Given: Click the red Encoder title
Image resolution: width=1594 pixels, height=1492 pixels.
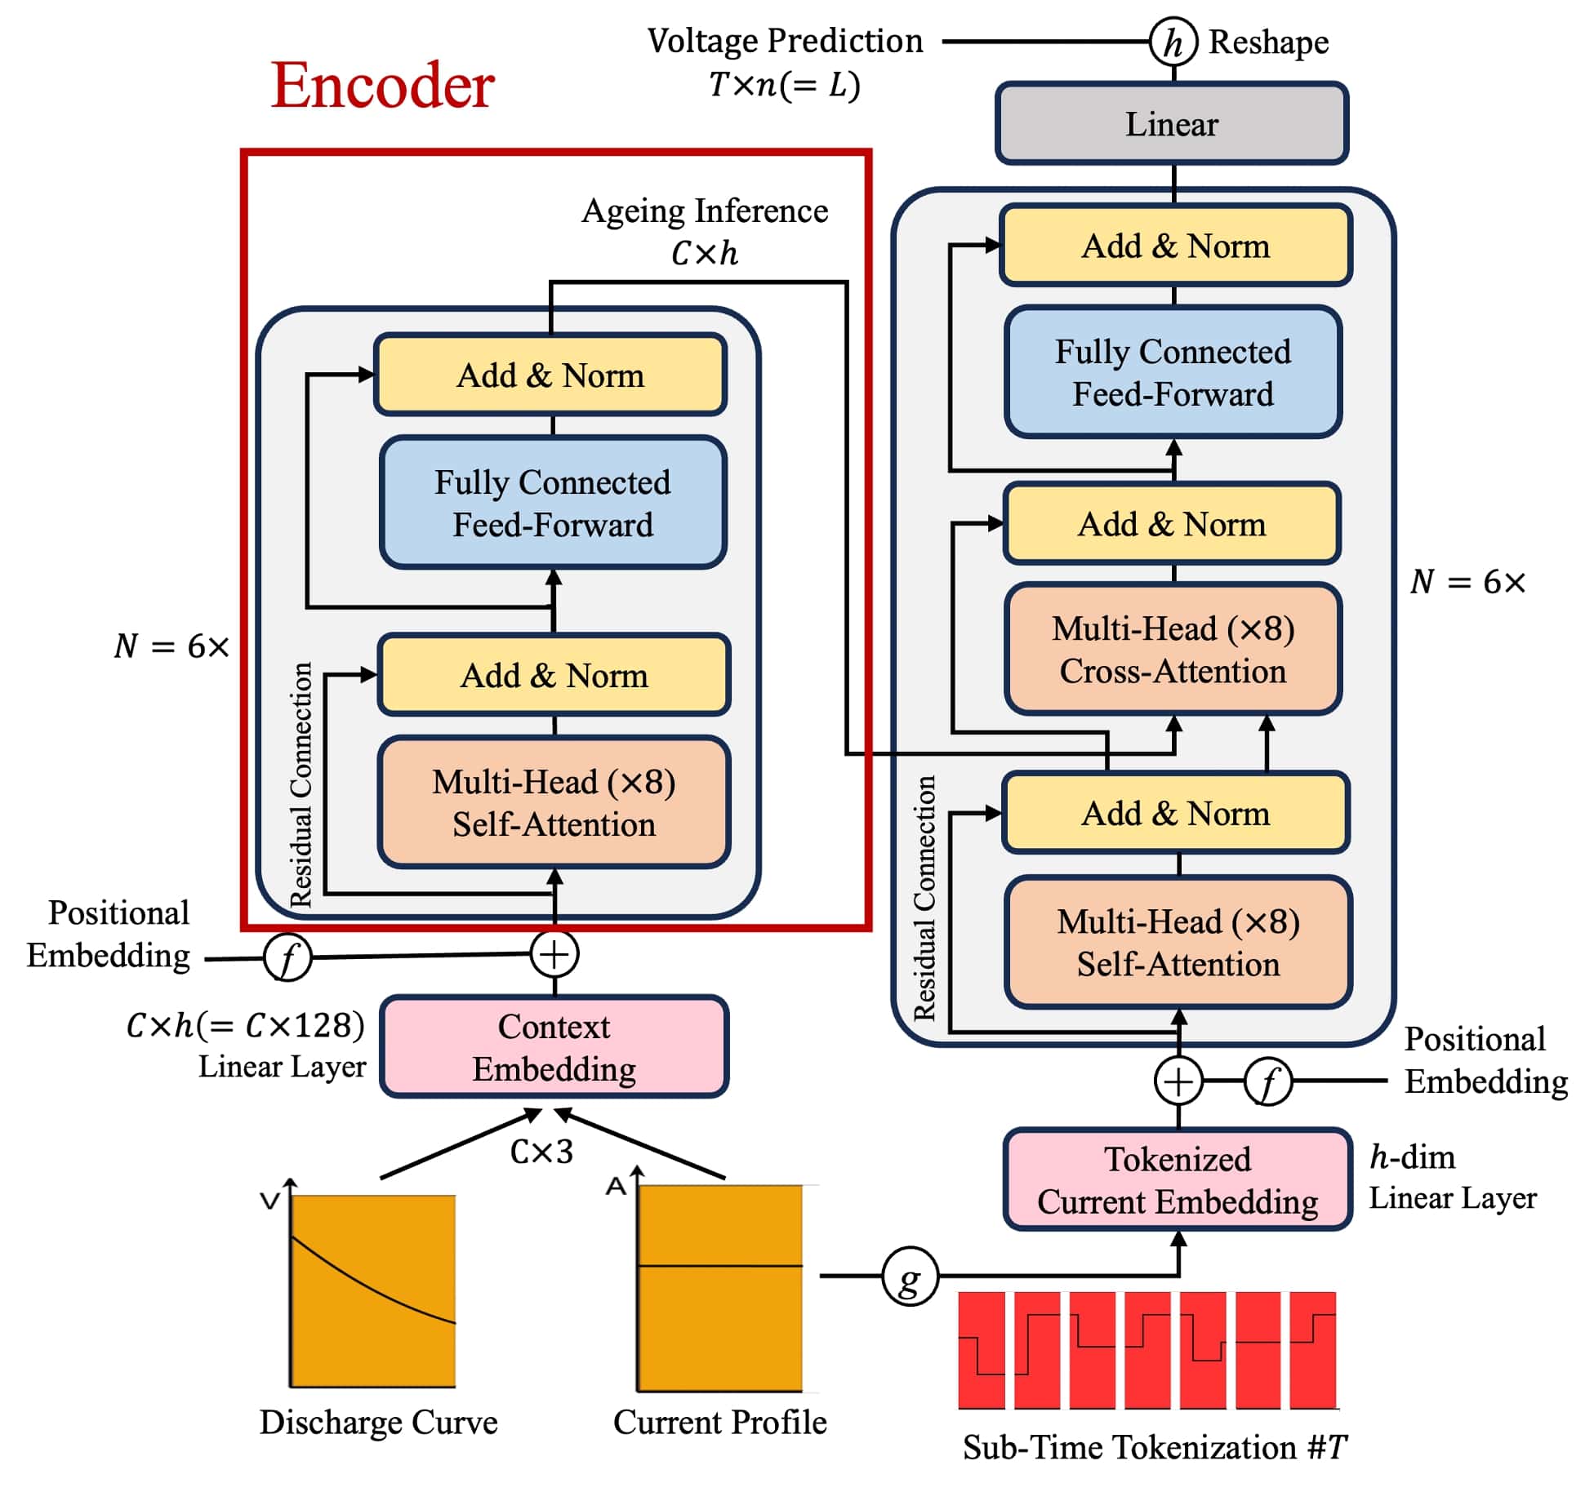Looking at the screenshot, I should [x=382, y=85].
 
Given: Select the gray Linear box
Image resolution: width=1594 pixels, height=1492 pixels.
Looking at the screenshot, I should [x=1171, y=124].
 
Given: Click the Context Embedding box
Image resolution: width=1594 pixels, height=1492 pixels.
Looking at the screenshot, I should [x=554, y=1047].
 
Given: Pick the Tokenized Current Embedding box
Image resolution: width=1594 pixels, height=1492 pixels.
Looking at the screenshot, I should [x=1177, y=1180].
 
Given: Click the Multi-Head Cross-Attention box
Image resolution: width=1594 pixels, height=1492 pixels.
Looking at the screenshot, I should [x=1173, y=650].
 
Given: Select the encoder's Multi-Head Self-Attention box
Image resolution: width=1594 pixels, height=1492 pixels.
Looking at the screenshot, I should [x=554, y=803].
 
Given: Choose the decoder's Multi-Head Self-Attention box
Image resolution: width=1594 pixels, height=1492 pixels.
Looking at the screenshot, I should [x=1178, y=943].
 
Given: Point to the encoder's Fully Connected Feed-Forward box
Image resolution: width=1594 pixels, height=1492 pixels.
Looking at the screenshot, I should [x=553, y=503].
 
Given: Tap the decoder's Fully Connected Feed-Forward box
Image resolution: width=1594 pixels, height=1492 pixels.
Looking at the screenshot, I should [x=1173, y=373].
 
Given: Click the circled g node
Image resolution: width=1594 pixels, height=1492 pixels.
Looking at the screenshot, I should [x=909, y=1276].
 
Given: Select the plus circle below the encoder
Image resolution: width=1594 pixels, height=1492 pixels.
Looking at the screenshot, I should [x=554, y=954].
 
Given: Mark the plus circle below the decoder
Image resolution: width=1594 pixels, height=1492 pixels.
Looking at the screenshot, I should [x=1178, y=1081].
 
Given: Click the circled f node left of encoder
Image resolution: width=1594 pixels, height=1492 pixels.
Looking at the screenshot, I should [x=287, y=957].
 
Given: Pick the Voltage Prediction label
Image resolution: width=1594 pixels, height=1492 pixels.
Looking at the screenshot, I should [x=785, y=41].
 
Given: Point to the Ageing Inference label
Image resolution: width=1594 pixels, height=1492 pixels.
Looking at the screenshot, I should [x=705, y=211].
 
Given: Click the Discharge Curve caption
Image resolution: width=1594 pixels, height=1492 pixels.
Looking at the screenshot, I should [x=378, y=1422].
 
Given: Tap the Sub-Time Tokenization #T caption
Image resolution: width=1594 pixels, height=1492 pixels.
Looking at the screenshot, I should [x=1155, y=1447].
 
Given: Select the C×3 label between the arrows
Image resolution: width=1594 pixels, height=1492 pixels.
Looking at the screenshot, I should [x=541, y=1152].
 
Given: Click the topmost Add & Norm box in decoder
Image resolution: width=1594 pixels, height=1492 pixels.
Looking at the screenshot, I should [x=1175, y=246].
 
